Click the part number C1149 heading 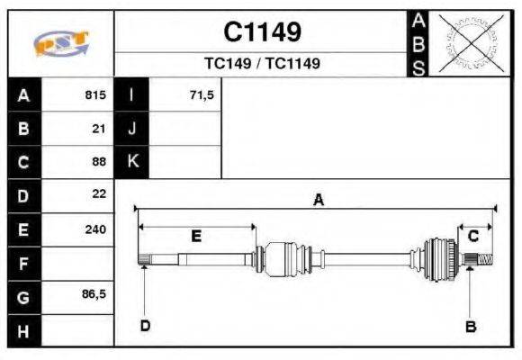[x=262, y=32]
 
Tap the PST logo [x=61, y=43]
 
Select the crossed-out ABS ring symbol [x=471, y=43]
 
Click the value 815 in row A [x=95, y=94]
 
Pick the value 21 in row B [x=99, y=129]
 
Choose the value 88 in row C [x=99, y=161]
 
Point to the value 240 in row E [x=95, y=229]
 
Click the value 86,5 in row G [x=94, y=294]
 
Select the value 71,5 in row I [x=202, y=95]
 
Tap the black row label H [x=24, y=330]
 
